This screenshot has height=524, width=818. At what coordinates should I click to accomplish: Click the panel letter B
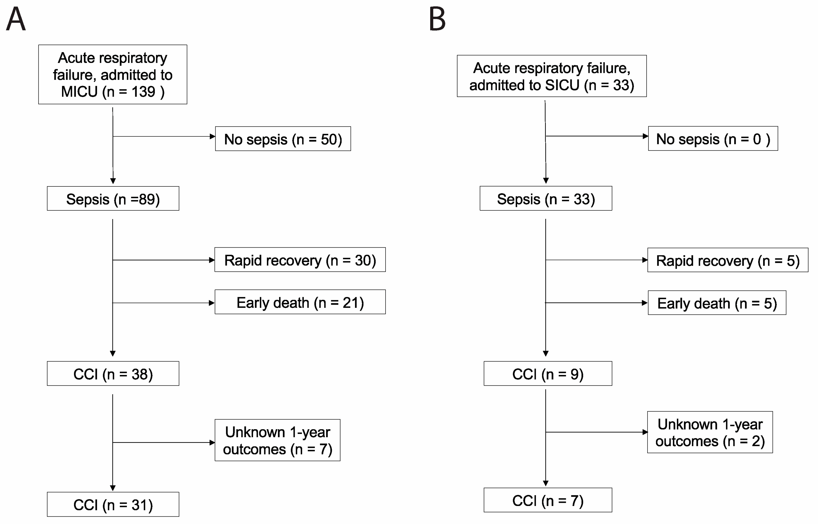click(x=437, y=19)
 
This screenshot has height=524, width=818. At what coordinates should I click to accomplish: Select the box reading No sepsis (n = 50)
click(x=283, y=139)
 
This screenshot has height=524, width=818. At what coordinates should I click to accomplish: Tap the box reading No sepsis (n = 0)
click(x=713, y=139)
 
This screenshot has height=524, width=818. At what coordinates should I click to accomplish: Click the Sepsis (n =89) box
click(x=113, y=199)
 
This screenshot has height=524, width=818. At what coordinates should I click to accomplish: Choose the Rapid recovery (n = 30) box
click(x=300, y=260)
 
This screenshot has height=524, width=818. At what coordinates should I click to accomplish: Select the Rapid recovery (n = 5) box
click(x=727, y=260)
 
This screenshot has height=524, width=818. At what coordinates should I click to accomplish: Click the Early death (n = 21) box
click(x=300, y=302)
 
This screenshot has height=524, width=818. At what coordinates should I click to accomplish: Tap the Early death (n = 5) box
click(x=717, y=303)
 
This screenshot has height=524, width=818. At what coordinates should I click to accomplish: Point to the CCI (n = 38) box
click(x=113, y=374)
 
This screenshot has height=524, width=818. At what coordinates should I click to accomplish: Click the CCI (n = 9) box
click(x=548, y=374)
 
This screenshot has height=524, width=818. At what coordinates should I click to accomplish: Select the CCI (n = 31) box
click(x=113, y=505)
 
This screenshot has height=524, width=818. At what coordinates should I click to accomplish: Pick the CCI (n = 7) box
click(x=548, y=500)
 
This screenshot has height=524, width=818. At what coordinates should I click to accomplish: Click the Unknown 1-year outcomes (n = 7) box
click(x=277, y=440)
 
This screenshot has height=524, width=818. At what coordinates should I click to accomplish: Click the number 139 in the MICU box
click(x=143, y=92)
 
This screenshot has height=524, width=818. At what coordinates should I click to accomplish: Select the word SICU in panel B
click(x=562, y=85)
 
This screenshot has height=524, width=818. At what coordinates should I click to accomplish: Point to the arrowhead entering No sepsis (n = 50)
click(x=212, y=137)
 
